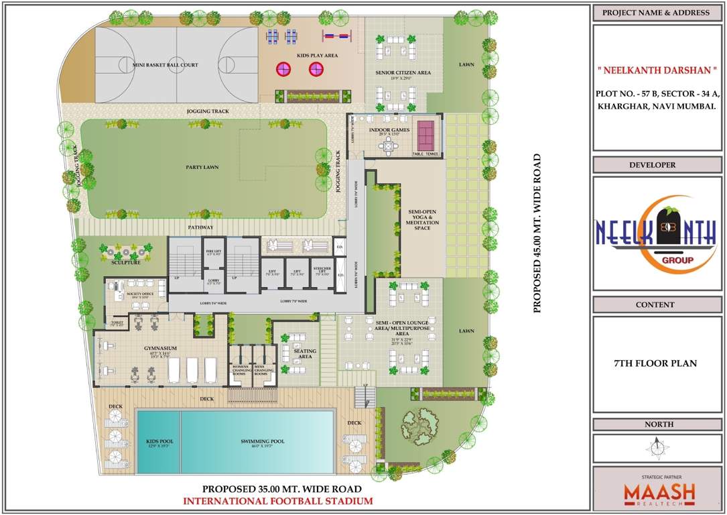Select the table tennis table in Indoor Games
click(x=426, y=135)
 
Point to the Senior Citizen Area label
click(x=403, y=72)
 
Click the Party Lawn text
click(x=202, y=167)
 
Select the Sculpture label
click(x=126, y=262)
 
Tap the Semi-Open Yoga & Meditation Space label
click(x=422, y=219)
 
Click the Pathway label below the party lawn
click(x=200, y=228)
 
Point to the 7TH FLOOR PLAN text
click(x=655, y=363)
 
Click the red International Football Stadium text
click(x=277, y=501)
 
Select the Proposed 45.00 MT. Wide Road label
click(x=537, y=234)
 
